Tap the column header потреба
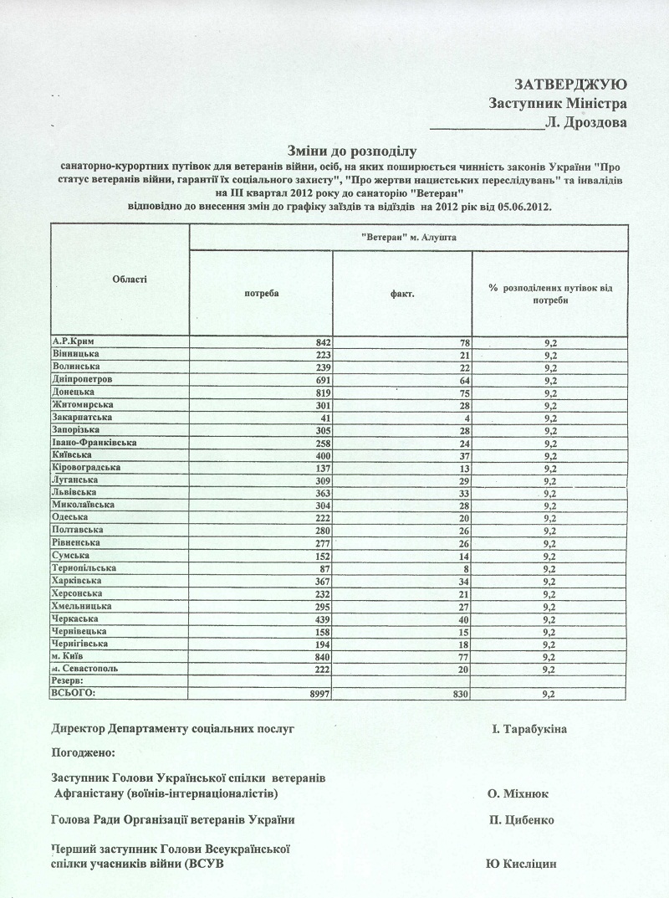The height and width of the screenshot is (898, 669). (261, 294)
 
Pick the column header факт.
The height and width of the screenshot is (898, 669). (402, 294)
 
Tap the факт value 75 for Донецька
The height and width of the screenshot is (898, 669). (463, 393)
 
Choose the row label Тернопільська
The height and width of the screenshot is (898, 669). (84, 567)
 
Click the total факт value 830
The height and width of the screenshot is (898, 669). (461, 694)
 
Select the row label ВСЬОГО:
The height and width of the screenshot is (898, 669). (74, 693)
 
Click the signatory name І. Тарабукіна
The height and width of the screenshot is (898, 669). (529, 730)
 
